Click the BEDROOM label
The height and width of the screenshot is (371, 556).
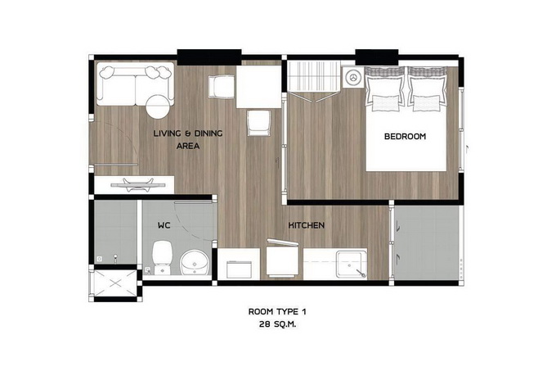point(405,136)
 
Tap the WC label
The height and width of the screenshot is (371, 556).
point(164,225)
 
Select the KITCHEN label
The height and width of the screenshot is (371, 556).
point(307,225)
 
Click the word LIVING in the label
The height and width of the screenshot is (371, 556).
point(168,133)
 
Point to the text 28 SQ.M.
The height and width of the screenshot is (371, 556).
point(278,324)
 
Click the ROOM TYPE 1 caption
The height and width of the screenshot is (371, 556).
point(277,312)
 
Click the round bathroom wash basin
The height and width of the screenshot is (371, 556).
point(195,262)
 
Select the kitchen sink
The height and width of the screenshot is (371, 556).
point(351,265)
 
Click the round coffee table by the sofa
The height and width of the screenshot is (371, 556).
point(158,106)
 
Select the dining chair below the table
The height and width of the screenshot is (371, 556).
point(259,123)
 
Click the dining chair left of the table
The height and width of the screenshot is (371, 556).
point(222,87)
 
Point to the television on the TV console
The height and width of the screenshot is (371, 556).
point(138,184)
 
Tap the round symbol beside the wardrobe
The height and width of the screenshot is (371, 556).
point(353,76)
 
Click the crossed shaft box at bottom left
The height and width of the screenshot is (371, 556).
point(115,283)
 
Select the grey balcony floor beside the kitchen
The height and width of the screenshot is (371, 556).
point(427,242)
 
